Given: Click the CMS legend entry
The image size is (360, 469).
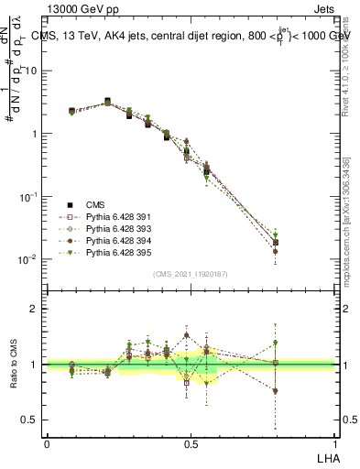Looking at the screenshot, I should point(94,203).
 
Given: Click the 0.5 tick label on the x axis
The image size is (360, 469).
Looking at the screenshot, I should point(191,442).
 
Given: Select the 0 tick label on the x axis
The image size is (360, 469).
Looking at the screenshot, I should point(47,442).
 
